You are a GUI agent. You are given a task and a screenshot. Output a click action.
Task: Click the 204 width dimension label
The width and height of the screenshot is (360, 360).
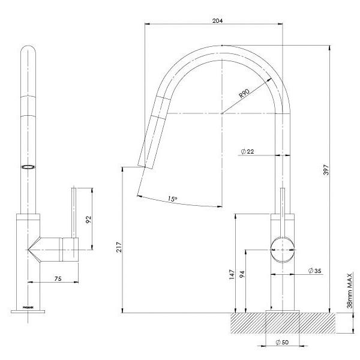[217, 20]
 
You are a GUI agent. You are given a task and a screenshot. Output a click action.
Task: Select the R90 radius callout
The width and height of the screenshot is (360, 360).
[244, 94]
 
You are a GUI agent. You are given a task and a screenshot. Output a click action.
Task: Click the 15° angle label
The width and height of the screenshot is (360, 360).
[173, 199]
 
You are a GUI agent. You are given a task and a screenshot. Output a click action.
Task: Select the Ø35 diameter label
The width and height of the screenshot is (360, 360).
[314, 272]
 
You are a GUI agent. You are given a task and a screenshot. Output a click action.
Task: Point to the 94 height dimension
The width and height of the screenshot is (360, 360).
[242, 275]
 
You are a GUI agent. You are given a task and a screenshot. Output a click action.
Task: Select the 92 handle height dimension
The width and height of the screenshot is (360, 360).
[88, 220]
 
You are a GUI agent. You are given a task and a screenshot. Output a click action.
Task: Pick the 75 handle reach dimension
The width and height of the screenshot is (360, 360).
[59, 278]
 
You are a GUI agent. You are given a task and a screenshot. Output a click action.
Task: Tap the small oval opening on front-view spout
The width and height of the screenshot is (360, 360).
[28, 167]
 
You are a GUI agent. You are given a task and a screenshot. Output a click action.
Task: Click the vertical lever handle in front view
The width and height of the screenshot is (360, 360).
[74, 210]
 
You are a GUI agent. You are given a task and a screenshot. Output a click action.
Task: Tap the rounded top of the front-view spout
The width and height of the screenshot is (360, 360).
[28, 51]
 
